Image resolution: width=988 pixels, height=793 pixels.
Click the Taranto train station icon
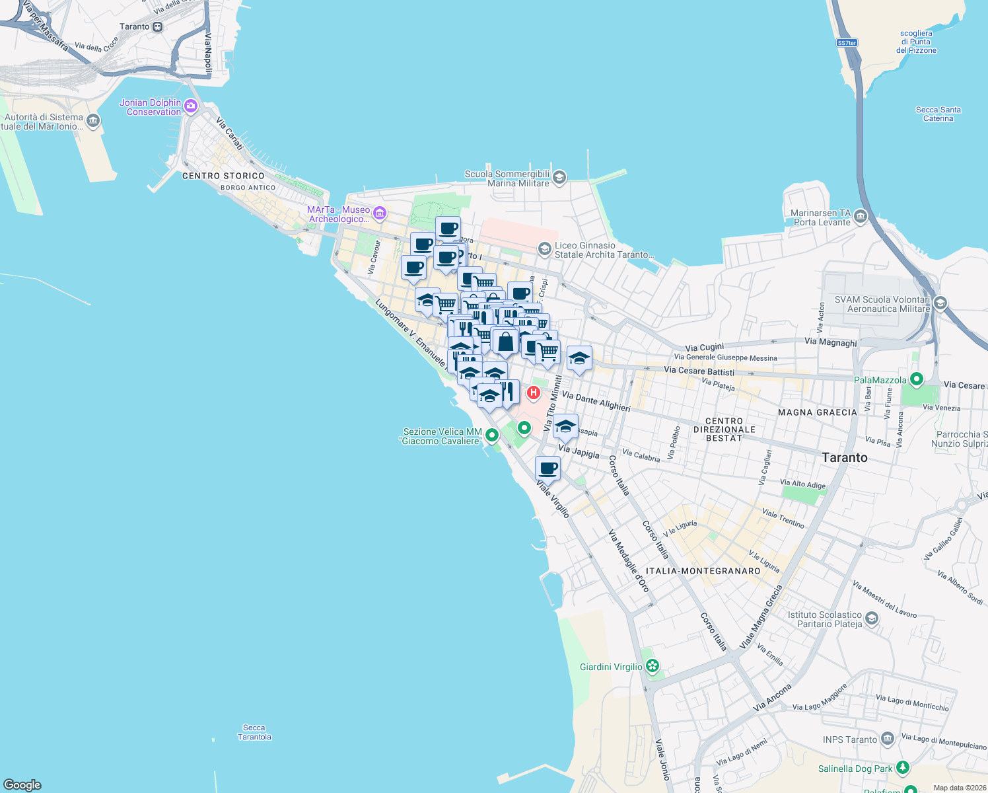pyautogui.click(x=157, y=27)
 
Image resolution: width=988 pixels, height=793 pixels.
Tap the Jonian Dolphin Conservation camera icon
pyautogui.click(x=191, y=106)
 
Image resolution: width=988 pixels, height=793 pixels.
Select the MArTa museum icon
pyautogui.click(x=379, y=213)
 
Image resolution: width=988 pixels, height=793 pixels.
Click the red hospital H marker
pyautogui.click(x=534, y=393)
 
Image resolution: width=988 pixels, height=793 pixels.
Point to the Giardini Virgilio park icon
pyautogui.click(x=653, y=666)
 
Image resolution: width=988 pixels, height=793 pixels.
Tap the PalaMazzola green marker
pyautogui.click(x=916, y=379)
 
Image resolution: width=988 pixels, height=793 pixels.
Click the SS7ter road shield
pyautogui.click(x=847, y=43)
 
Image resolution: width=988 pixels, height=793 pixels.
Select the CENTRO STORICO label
pyautogui.click(x=223, y=176)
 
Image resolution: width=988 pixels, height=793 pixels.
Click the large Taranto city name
pyautogui.click(x=845, y=457)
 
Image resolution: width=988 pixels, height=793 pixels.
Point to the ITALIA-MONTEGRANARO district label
pyautogui.click(x=703, y=571)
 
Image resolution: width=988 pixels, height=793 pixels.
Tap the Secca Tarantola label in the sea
pyautogui.click(x=254, y=732)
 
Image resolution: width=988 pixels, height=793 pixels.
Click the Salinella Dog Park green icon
pyautogui.click(x=902, y=768)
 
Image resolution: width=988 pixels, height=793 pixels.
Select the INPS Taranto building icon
pyautogui.click(x=887, y=738)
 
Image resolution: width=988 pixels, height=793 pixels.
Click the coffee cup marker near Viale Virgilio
pyautogui.click(x=547, y=469)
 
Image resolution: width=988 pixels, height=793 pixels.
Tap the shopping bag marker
pyautogui.click(x=505, y=342)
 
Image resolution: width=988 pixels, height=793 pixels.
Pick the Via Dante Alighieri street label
pyautogui.click(x=596, y=400)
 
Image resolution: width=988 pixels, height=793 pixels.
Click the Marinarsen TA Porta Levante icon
pyautogui.click(x=860, y=216)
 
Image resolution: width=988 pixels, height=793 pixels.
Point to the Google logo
pyautogui.click(x=22, y=784)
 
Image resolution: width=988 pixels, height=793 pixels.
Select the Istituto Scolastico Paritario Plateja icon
pyautogui.click(x=872, y=619)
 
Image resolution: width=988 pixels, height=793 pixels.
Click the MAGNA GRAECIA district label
pyautogui.click(x=818, y=412)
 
